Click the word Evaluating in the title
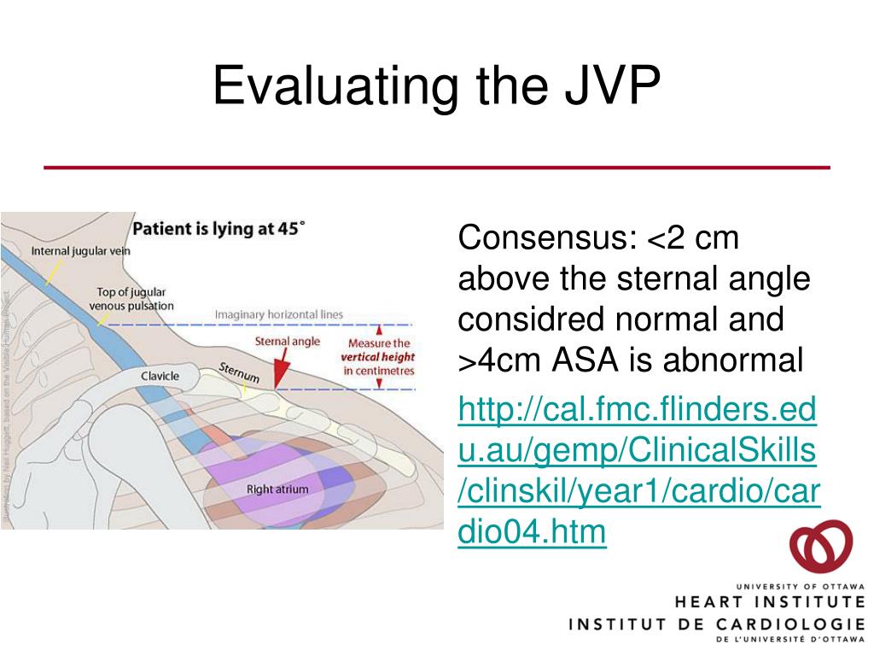click(x=328, y=87)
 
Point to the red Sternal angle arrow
click(x=280, y=369)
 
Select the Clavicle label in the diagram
click(x=160, y=376)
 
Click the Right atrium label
click(x=277, y=489)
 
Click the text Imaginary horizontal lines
click(x=278, y=314)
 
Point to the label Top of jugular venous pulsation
click(x=135, y=299)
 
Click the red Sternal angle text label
click(x=288, y=341)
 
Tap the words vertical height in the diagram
click(x=378, y=357)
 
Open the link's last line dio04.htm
click(x=532, y=532)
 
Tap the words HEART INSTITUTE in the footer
click(x=769, y=602)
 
